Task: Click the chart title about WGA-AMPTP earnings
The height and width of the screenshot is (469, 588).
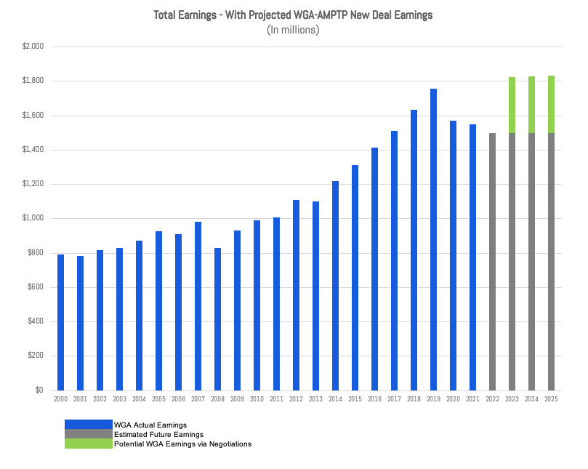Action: (293, 15)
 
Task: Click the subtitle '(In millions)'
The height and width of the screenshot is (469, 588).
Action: (293, 30)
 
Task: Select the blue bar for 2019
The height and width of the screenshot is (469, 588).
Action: (433, 240)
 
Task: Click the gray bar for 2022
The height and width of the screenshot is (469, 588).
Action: (492, 262)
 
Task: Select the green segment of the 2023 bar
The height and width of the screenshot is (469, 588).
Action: (512, 105)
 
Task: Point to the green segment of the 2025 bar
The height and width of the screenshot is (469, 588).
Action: (551, 105)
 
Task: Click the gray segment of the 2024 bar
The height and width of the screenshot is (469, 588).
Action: (531, 262)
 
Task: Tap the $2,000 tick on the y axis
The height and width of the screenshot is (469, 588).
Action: (33, 47)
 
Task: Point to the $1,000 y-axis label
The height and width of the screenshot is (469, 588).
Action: (33, 218)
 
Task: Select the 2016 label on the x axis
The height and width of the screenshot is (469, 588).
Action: (374, 399)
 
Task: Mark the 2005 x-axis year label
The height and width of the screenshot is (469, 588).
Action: (158, 399)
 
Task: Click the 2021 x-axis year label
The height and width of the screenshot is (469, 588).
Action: (472, 399)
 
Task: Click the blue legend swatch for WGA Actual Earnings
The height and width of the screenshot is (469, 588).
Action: (88, 425)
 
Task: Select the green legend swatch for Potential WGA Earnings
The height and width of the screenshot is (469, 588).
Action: (88, 444)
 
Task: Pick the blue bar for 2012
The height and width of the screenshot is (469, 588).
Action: (296, 295)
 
